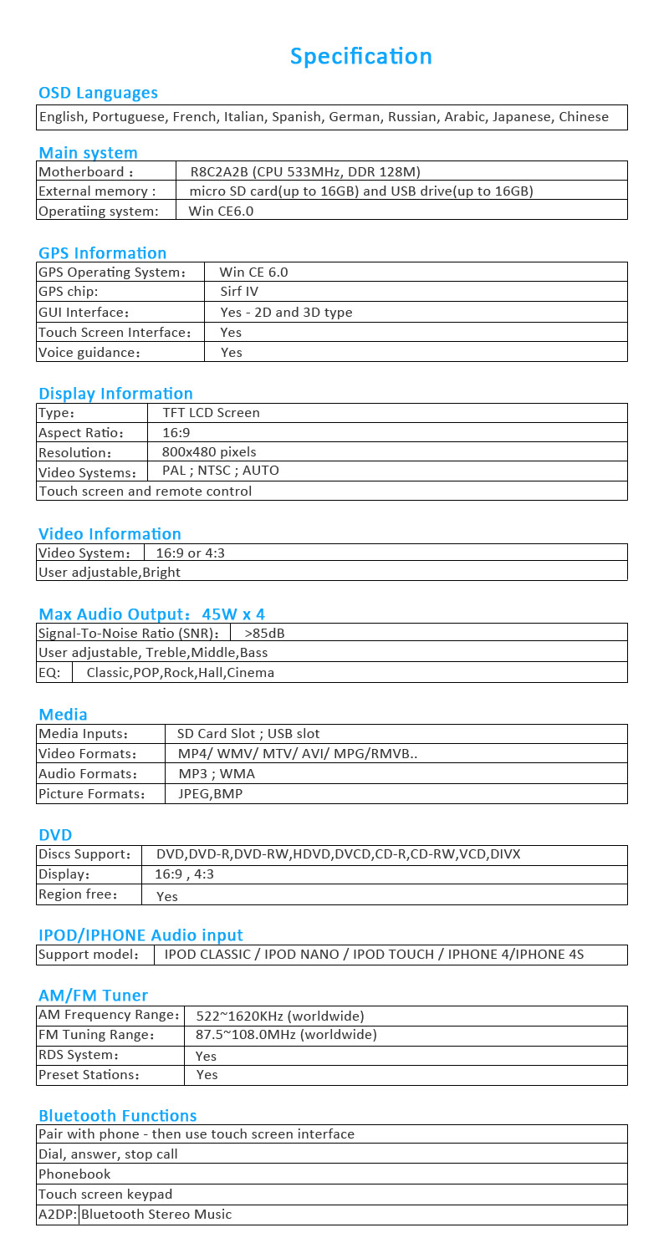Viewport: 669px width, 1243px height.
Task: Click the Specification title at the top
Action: click(360, 56)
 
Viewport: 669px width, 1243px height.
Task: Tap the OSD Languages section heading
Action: click(98, 93)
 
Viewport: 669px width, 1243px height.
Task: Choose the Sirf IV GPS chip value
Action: click(239, 292)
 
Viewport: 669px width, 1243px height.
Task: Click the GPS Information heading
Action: click(102, 252)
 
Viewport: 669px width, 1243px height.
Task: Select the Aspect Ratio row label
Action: click(81, 433)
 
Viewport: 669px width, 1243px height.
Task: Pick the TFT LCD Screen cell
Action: click(211, 413)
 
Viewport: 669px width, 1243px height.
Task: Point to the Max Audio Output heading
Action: click(151, 614)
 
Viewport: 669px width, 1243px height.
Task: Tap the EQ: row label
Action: click(50, 672)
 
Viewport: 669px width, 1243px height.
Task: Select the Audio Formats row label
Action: click(88, 774)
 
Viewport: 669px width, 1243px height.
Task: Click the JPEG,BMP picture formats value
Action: click(210, 794)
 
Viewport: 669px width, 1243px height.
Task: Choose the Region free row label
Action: click(78, 894)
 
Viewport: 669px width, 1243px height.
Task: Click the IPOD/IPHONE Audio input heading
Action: click(140, 935)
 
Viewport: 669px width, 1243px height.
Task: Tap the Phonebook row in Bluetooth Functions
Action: click(74, 1174)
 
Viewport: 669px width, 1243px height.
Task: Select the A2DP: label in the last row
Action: click(58, 1215)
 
